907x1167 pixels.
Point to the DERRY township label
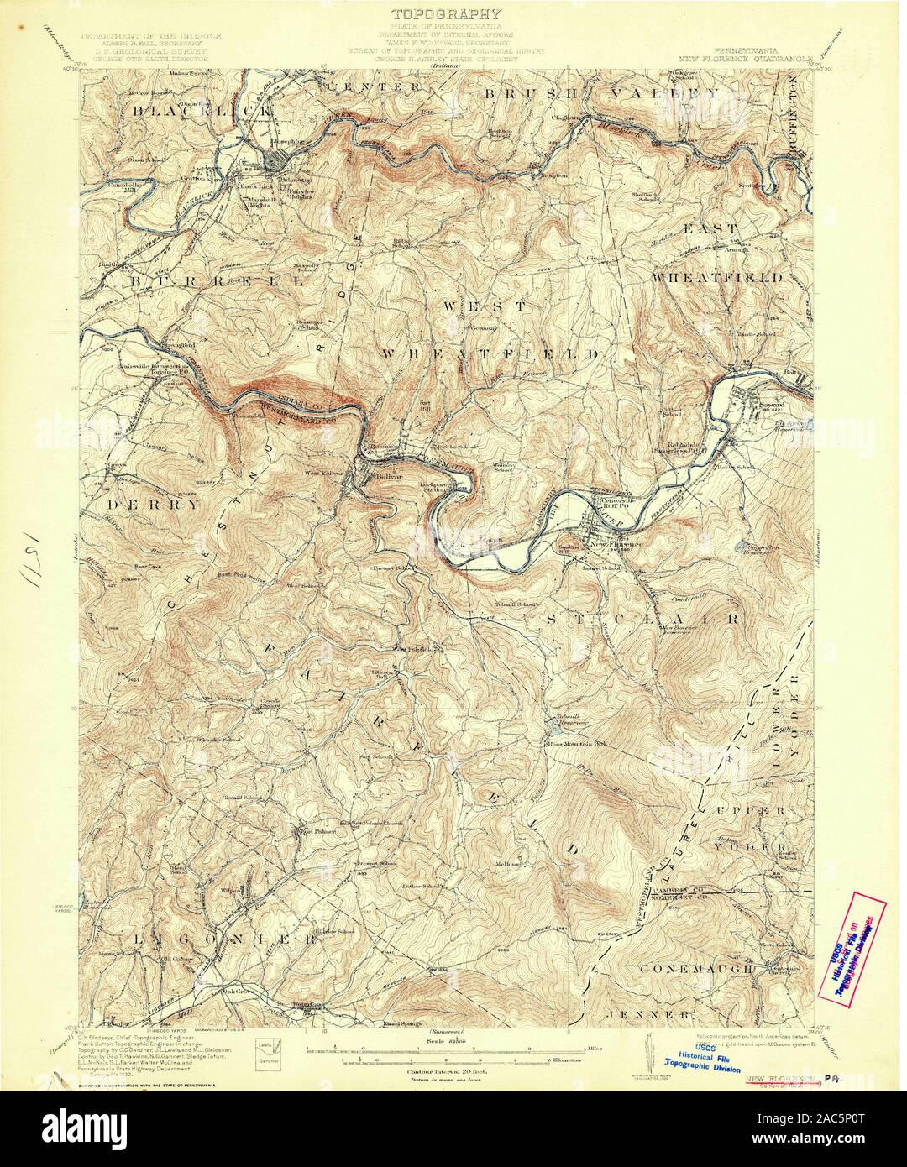pos(155,505)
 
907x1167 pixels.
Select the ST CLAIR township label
pos(644,619)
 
